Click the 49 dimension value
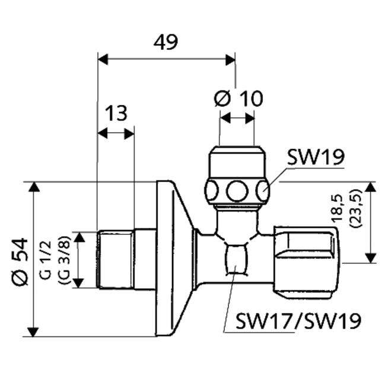166,42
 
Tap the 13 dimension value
116,113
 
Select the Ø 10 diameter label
238,98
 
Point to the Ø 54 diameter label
20,262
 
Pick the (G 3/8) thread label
64,260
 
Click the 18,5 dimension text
338,209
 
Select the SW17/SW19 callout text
298,321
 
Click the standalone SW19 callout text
316,157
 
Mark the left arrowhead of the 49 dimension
103,60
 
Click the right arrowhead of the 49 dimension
230,60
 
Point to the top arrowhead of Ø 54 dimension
34,187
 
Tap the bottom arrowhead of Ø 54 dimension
33,332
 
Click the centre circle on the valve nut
237,192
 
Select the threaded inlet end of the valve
116,259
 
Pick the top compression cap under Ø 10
237,162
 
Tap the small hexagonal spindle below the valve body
236,259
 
